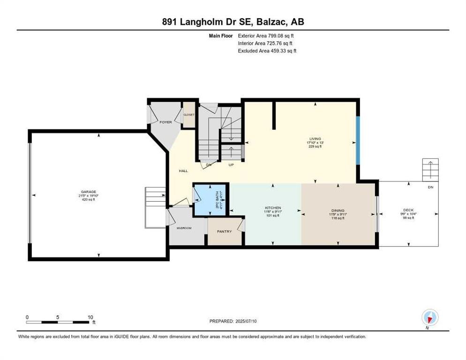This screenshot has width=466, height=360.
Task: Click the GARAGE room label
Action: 88,192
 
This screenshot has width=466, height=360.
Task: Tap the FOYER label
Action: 165,122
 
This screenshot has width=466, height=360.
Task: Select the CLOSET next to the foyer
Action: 189,115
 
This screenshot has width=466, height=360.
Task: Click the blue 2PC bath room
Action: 210,200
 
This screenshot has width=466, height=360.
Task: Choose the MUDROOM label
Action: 184,228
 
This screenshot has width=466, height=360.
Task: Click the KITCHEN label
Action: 272,208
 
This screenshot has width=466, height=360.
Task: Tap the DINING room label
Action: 338,211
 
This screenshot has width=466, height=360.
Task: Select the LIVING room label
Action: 315,139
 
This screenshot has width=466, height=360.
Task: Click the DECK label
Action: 409,210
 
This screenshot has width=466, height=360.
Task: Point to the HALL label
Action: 183,171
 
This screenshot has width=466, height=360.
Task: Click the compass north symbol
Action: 429,318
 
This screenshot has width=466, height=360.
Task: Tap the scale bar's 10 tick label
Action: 90,317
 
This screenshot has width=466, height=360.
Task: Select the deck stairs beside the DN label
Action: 430,170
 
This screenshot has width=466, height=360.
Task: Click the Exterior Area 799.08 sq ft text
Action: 266,35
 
